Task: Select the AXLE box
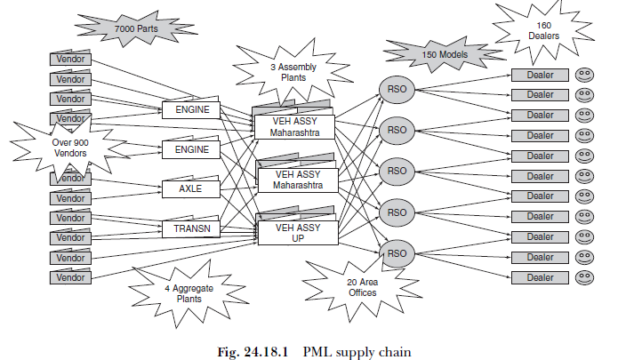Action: (x=190, y=189)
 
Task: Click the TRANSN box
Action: (x=190, y=229)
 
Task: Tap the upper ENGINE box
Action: (x=190, y=109)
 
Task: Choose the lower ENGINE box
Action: (x=190, y=149)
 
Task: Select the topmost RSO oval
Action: (x=397, y=89)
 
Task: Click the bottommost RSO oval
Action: (x=397, y=253)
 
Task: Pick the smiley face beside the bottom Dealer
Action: (x=583, y=277)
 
